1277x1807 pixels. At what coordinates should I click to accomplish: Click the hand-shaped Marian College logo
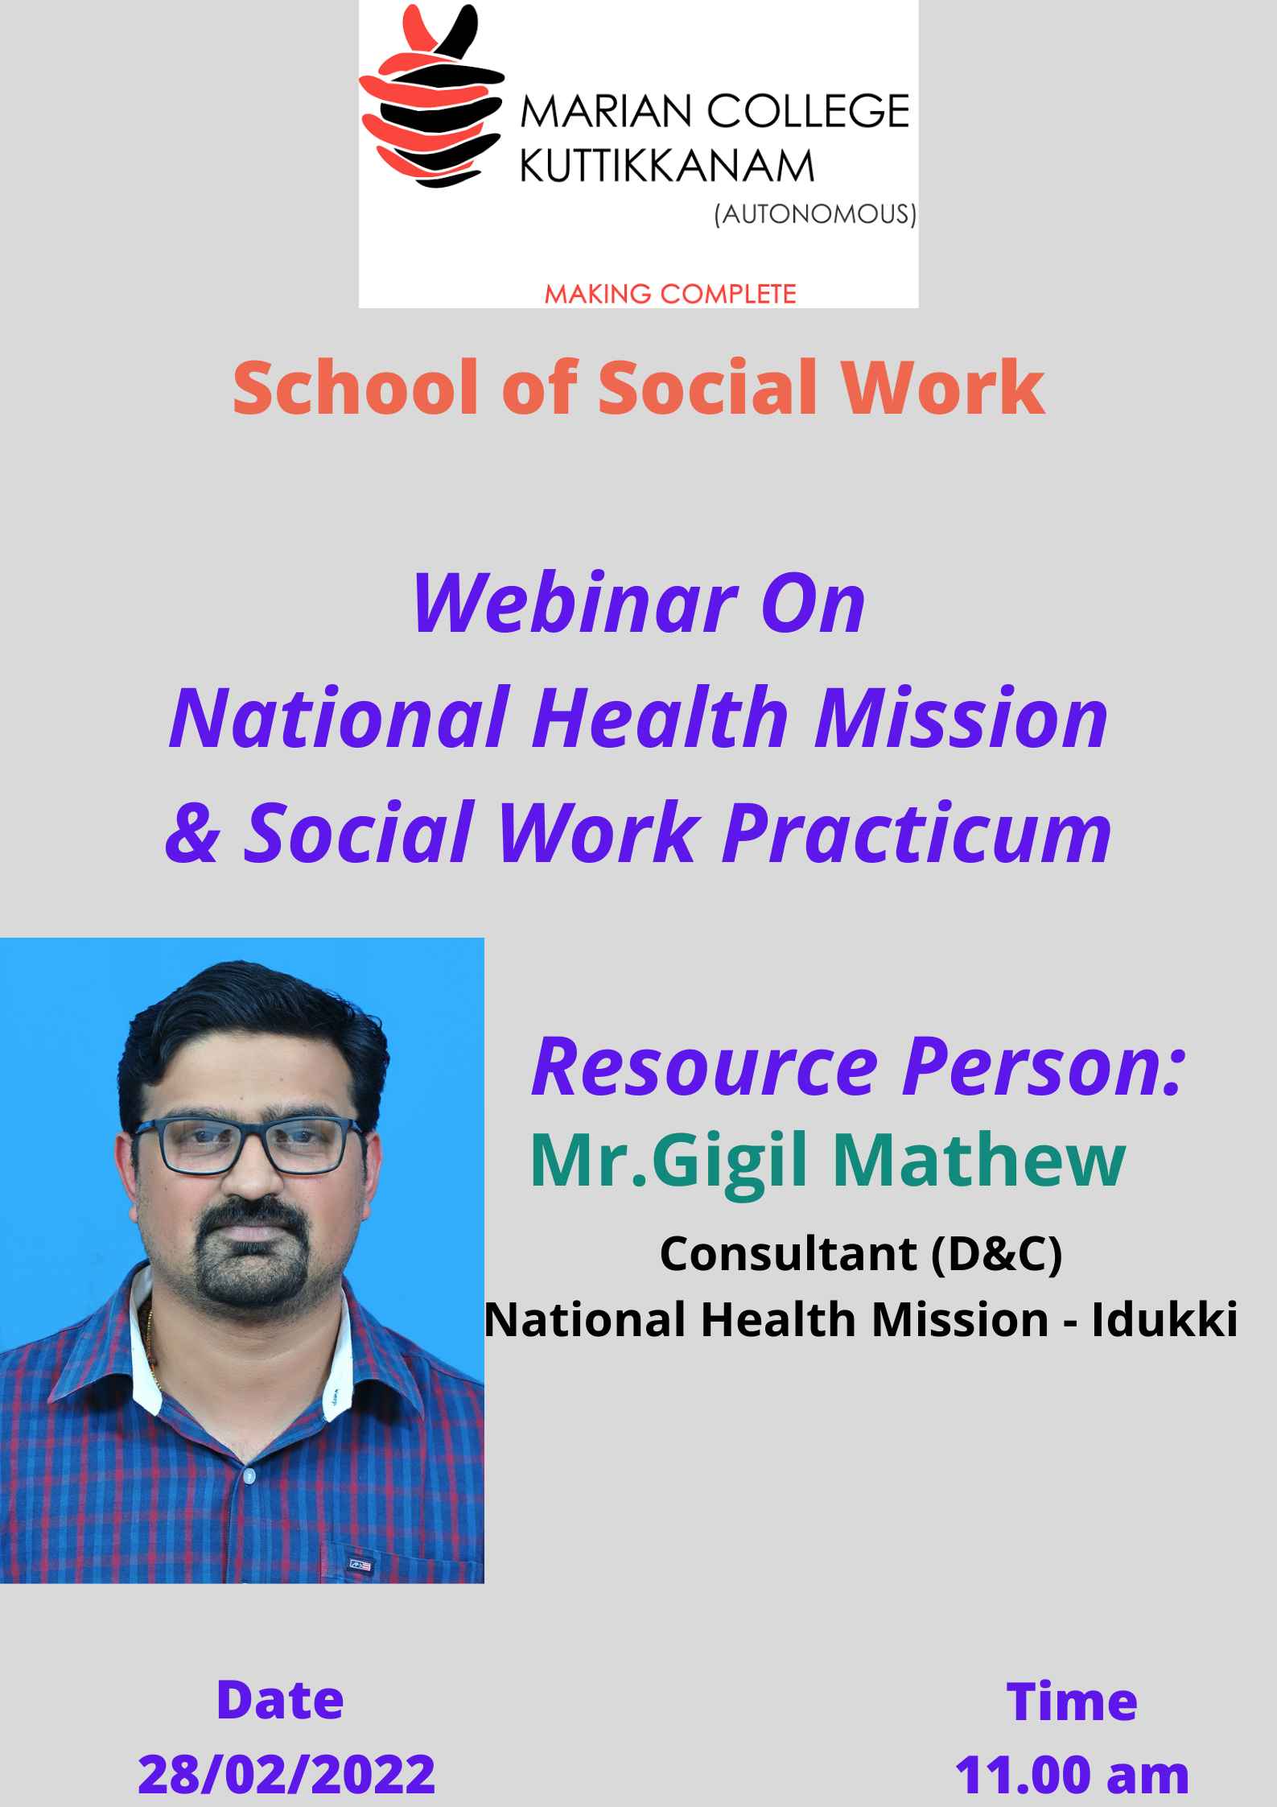tap(431, 98)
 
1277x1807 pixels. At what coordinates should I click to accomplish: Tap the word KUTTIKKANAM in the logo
tap(667, 167)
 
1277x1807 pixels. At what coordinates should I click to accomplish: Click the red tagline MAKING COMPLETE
tap(670, 294)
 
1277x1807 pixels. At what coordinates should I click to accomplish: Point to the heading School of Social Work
tap(639, 388)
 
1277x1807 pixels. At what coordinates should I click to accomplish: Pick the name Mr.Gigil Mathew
tap(827, 1161)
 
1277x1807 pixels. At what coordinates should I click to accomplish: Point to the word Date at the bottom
tap(280, 1700)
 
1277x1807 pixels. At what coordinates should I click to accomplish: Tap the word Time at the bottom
tap(1072, 1702)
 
